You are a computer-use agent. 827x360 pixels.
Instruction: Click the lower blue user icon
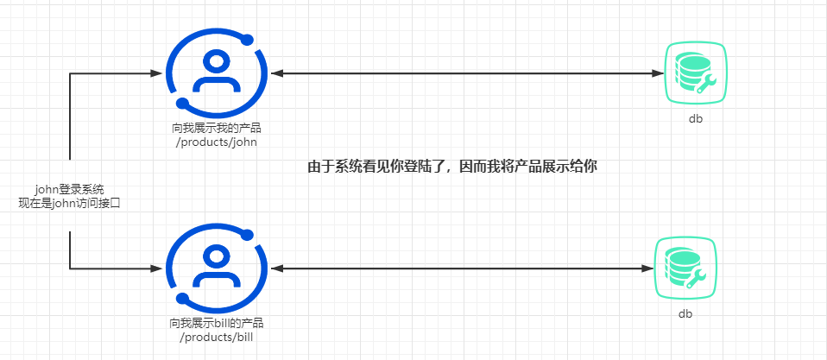(x=216, y=268)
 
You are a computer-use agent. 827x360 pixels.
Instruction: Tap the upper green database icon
(x=695, y=74)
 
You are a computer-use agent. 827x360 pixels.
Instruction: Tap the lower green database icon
(x=685, y=268)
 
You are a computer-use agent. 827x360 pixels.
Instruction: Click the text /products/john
(x=216, y=142)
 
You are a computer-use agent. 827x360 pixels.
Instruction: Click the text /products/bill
(x=216, y=337)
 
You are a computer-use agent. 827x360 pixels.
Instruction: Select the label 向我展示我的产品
(x=216, y=129)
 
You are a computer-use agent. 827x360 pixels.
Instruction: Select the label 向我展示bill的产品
(x=216, y=323)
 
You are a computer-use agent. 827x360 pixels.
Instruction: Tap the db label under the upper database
(x=695, y=119)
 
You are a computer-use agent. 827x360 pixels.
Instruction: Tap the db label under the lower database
(x=685, y=314)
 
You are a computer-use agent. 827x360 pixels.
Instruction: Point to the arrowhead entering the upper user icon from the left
(x=161, y=74)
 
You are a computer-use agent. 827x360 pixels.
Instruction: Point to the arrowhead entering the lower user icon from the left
(x=161, y=268)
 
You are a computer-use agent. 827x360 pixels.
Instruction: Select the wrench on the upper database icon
(x=706, y=84)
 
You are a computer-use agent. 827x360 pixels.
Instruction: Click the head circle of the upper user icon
(x=216, y=62)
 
